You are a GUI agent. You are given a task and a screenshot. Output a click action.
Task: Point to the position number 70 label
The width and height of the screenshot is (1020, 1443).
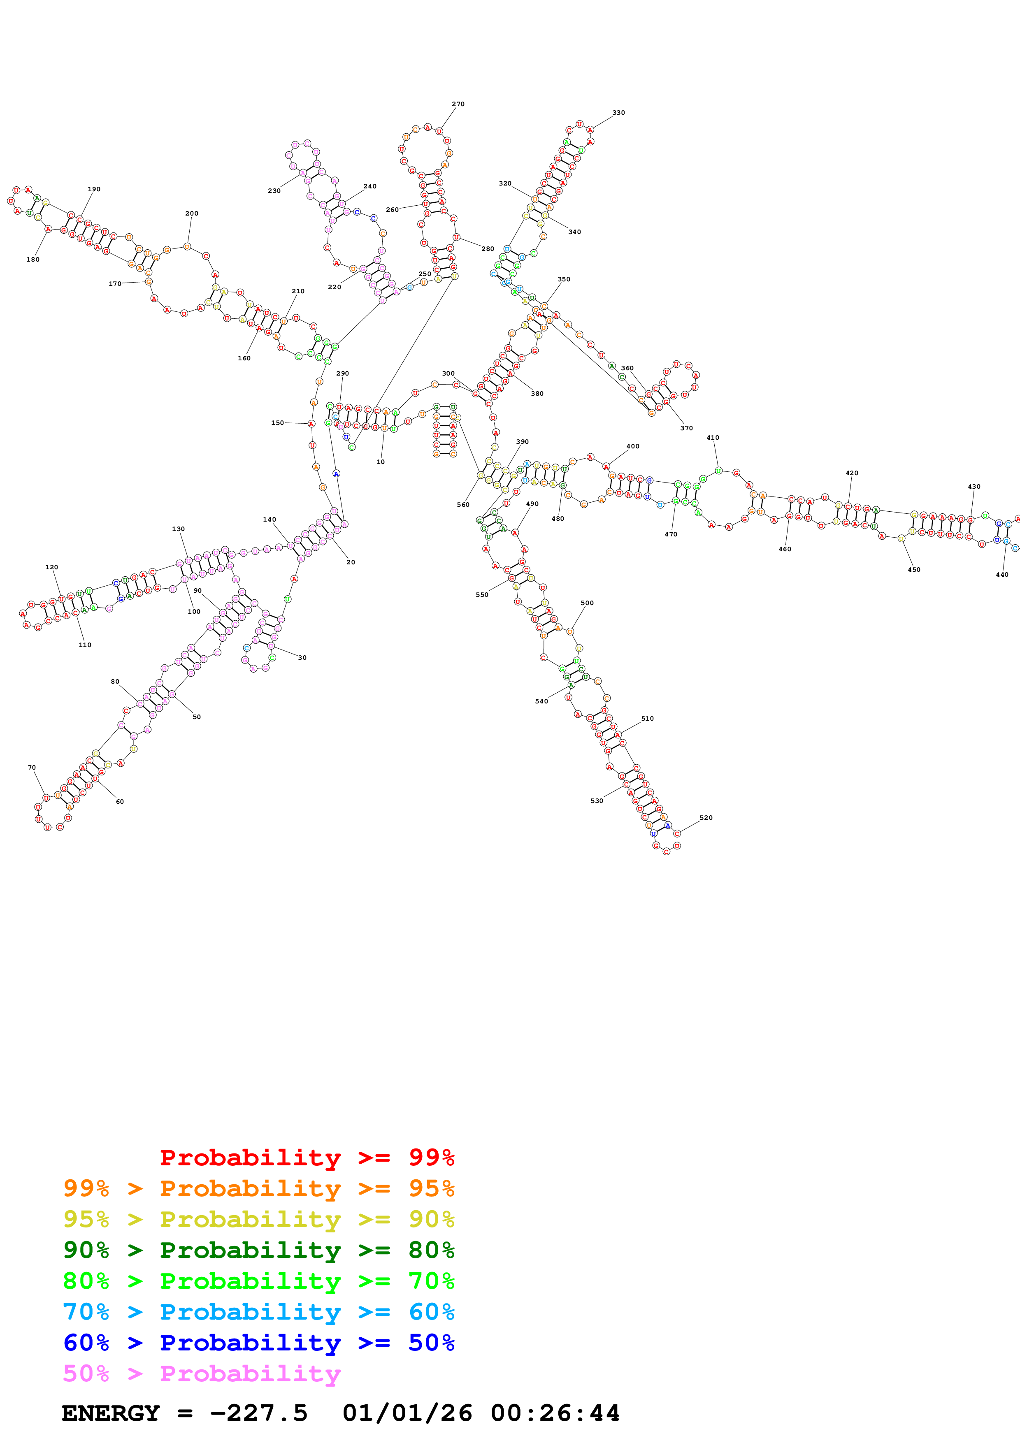(31, 768)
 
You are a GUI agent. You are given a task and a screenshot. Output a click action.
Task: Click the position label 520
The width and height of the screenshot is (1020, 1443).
(706, 818)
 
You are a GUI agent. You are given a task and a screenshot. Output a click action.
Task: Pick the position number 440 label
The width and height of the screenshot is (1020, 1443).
(1002, 574)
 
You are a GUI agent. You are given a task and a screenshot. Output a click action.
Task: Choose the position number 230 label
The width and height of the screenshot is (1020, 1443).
(274, 191)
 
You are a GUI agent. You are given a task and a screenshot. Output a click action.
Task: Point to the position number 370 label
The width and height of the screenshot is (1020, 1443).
(686, 428)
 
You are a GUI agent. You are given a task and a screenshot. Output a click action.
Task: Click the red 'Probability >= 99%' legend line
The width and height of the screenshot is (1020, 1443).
(307, 1158)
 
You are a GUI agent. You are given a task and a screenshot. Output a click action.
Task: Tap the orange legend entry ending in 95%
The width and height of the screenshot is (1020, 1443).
(259, 1188)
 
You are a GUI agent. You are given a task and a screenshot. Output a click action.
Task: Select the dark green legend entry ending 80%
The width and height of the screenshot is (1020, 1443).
(259, 1250)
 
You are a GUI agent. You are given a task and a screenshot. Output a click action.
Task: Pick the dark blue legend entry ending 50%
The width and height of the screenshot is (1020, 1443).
(259, 1343)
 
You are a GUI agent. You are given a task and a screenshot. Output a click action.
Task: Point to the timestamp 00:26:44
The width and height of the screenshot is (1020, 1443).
(555, 1413)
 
